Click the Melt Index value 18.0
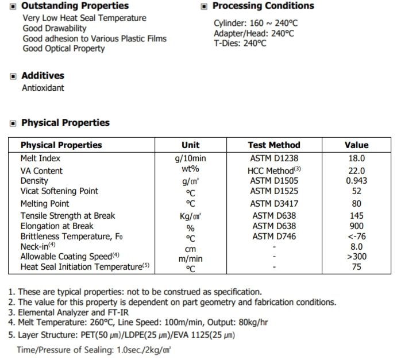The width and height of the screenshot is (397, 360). click(x=356, y=158)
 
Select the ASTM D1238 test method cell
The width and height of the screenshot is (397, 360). click(x=274, y=158)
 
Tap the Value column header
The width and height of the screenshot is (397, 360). click(x=356, y=145)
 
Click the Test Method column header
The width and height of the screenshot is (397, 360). click(x=274, y=145)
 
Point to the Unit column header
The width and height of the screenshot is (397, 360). click(x=190, y=145)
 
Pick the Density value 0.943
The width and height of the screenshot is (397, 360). click(x=356, y=181)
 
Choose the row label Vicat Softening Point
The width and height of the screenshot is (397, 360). click(x=59, y=191)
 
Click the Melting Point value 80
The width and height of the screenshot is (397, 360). click(x=356, y=203)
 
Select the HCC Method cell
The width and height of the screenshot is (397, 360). click(x=274, y=171)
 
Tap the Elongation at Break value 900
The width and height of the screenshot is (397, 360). click(x=356, y=226)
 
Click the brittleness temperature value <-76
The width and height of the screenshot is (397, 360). click(x=356, y=237)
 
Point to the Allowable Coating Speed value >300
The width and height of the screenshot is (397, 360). click(x=356, y=257)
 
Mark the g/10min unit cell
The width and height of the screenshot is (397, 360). click(x=190, y=158)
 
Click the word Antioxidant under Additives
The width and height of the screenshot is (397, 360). click(x=43, y=88)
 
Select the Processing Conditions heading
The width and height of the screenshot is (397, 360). click(x=263, y=6)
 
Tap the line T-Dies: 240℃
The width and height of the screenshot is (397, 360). click(x=240, y=43)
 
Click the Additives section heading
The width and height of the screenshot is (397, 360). click(x=43, y=76)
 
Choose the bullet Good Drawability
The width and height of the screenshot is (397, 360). click(x=55, y=28)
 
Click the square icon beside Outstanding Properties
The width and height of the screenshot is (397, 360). click(x=14, y=6)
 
